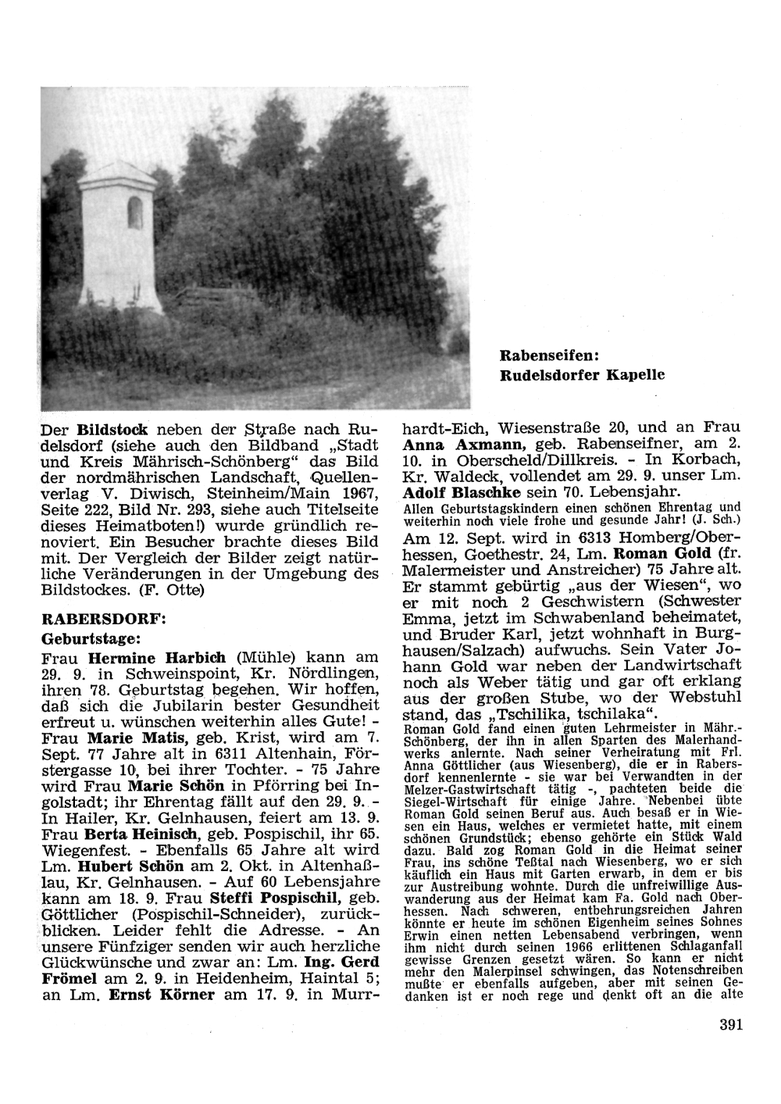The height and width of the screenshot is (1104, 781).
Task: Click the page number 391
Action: [x=731, y=1025]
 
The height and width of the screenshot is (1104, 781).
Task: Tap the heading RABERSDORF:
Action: [x=104, y=618]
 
